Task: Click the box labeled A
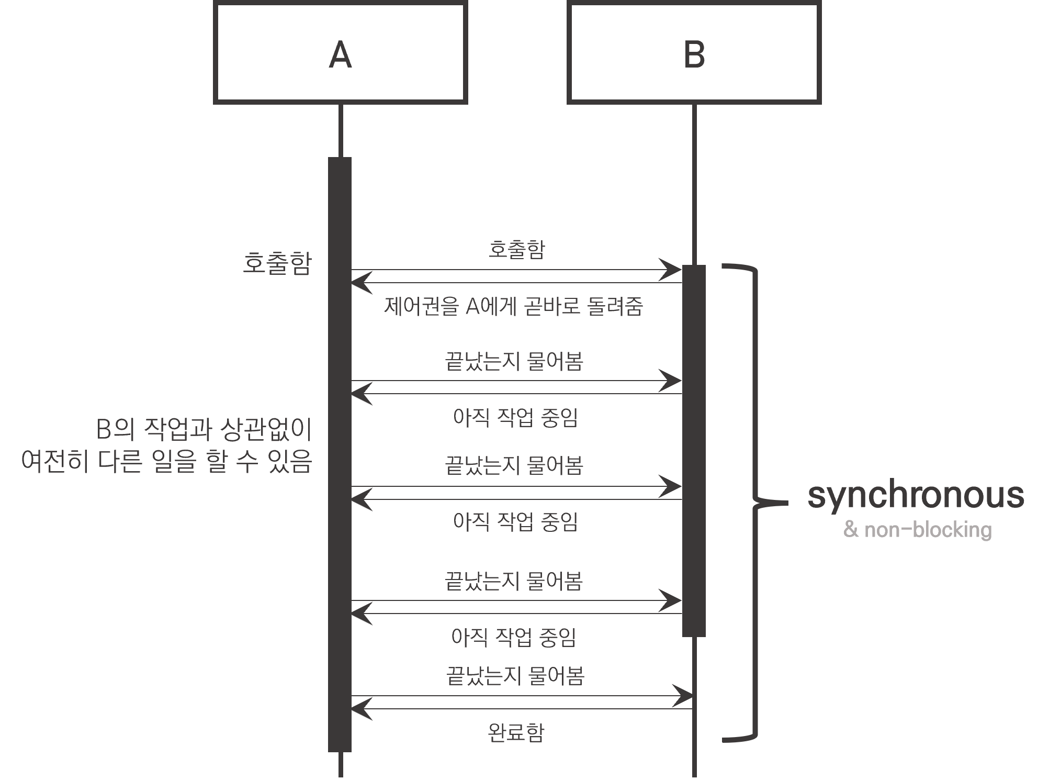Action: (x=340, y=53)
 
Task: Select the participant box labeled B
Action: (x=694, y=53)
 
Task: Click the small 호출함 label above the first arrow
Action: (x=516, y=249)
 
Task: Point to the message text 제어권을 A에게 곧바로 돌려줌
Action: (x=513, y=306)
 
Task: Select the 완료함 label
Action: (x=516, y=733)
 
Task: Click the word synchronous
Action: (x=916, y=495)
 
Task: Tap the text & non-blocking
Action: (x=918, y=530)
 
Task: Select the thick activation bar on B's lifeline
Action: (x=694, y=450)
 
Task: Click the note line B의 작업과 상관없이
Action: (x=204, y=430)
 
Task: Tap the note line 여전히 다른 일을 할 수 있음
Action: (x=167, y=462)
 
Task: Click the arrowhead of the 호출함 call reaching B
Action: (x=672, y=270)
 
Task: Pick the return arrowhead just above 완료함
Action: (x=360, y=709)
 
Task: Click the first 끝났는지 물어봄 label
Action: (x=514, y=361)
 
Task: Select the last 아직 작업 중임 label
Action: (x=514, y=638)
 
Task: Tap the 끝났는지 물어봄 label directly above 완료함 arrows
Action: (x=515, y=676)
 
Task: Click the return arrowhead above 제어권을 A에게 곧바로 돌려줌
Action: (x=360, y=283)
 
